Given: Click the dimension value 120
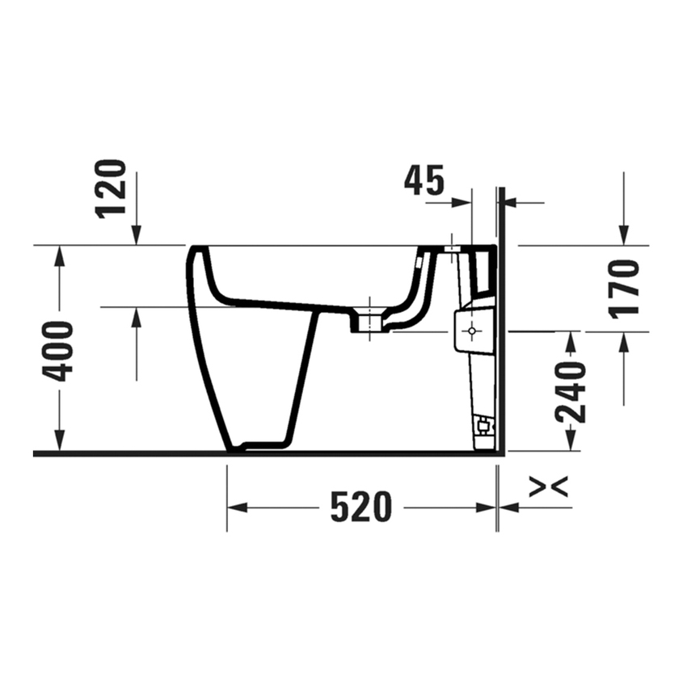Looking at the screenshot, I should [112, 188].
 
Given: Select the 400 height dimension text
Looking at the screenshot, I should [59, 351].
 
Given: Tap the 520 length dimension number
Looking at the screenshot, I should [361, 508].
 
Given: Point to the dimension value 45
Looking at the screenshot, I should [424, 181].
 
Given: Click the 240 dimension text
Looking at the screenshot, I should [571, 392].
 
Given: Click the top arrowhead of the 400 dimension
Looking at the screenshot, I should [59, 255].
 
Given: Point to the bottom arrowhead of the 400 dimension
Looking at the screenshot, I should [59, 442].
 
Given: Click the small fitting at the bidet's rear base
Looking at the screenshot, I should [483, 424].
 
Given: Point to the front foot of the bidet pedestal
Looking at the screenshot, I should [236, 446].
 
